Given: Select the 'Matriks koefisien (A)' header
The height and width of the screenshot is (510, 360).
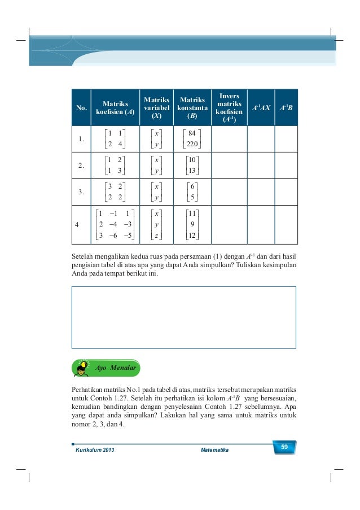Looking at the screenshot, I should [x=115, y=107].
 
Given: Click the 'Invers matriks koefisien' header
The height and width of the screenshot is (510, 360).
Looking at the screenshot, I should [x=229, y=107].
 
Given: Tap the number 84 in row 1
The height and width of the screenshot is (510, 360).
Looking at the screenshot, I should [x=192, y=134].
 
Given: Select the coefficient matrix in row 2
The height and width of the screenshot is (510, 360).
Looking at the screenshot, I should [x=116, y=165].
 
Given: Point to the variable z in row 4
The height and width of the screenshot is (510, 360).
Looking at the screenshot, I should [x=156, y=236].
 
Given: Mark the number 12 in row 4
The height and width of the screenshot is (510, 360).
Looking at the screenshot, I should [x=192, y=236].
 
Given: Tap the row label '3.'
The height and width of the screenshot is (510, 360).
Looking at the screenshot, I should [x=82, y=193].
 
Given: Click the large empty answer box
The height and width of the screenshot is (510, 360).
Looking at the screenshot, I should [x=183, y=317].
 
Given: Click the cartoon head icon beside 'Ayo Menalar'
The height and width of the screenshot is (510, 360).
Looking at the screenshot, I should [x=82, y=368].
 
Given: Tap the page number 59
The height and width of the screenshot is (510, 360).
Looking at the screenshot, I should [x=284, y=448].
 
